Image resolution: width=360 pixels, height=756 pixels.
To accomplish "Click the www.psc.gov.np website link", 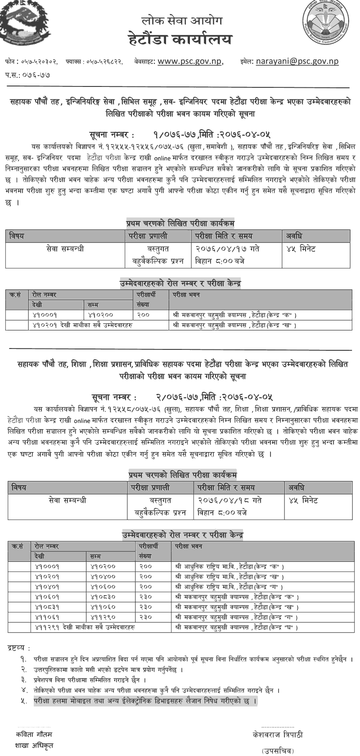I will coord(190,62).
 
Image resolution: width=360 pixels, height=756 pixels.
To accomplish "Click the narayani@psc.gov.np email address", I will coord(297,62).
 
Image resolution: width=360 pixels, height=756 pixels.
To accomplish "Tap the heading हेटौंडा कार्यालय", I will coord(180,40).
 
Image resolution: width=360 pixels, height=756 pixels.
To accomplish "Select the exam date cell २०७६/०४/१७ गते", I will coord(227,249).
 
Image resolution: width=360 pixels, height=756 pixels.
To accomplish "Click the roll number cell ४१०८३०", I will coord(103,596).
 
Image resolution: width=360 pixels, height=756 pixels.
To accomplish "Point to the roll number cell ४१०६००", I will coord(103,586).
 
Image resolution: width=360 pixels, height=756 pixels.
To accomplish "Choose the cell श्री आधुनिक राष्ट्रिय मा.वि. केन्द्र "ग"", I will coord(228,586).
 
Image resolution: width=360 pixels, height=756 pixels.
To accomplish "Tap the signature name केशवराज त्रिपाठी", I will coord(278,734).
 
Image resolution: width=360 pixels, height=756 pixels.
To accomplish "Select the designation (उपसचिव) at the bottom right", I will coord(277,751).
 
